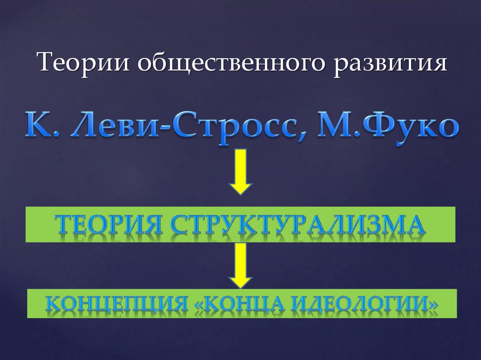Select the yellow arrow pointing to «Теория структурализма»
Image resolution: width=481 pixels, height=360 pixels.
pos(240,171)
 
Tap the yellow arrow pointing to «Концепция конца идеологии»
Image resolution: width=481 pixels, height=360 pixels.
pos(240,265)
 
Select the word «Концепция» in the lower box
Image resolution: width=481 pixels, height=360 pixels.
pos(115,304)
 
